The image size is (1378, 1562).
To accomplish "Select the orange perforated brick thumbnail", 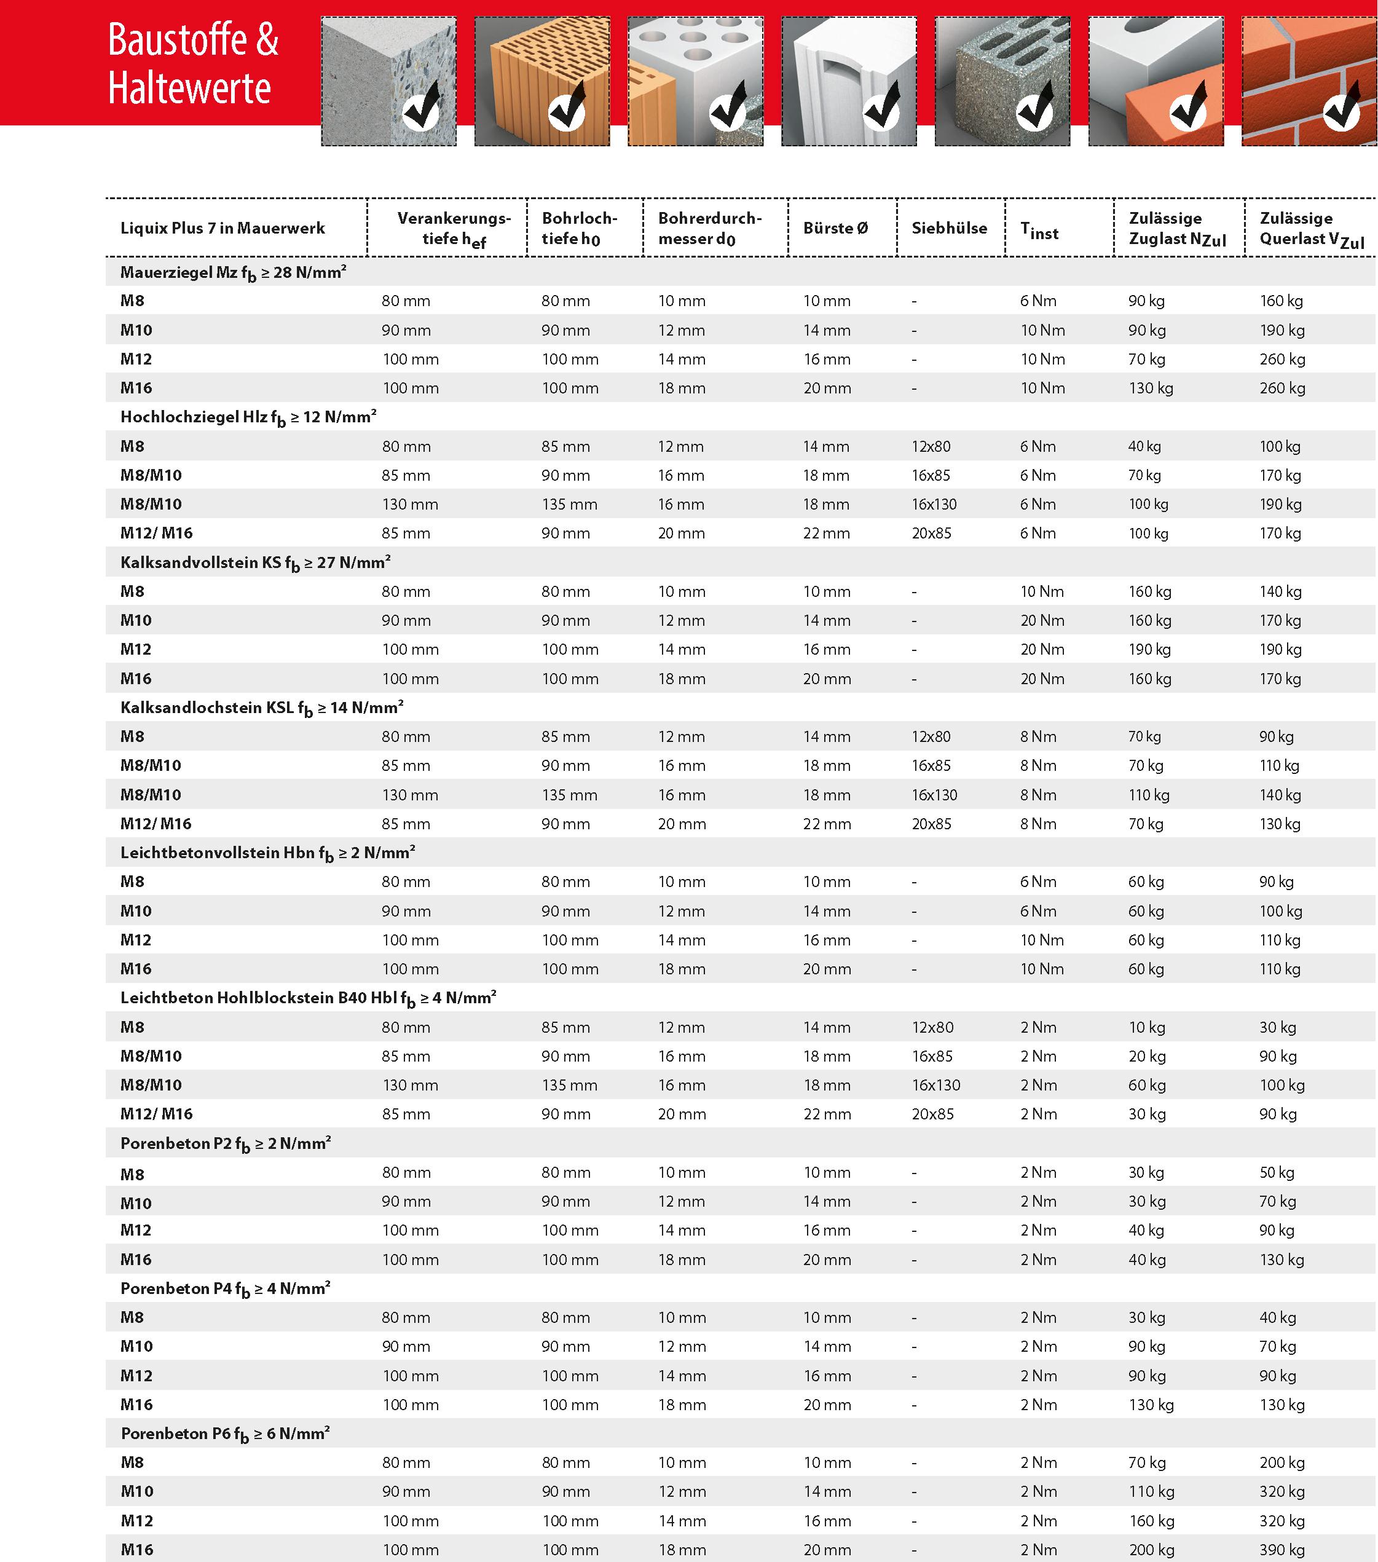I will click(542, 81).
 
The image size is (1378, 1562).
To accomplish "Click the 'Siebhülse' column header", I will click(949, 227).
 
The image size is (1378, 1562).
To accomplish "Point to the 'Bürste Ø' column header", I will click(835, 227).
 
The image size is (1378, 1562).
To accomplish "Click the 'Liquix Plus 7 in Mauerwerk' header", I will click(222, 227).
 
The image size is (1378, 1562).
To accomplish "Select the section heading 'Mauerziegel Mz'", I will click(233, 272).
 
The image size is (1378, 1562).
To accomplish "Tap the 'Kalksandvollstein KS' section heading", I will click(255, 562).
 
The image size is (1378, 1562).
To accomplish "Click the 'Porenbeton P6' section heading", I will click(225, 1434).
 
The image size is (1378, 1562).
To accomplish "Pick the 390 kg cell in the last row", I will click(1282, 1550).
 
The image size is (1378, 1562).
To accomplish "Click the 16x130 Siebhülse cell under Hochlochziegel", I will click(934, 504).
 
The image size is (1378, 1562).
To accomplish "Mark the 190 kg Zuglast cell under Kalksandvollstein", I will click(1149, 650).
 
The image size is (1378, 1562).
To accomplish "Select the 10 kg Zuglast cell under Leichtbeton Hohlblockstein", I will click(1146, 1027).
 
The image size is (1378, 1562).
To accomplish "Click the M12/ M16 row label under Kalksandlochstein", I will click(156, 824).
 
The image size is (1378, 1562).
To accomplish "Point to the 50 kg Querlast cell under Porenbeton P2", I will click(1277, 1172).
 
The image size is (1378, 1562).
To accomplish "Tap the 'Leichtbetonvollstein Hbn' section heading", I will click(267, 853).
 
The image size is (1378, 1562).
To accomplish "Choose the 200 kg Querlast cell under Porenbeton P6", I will click(1282, 1462).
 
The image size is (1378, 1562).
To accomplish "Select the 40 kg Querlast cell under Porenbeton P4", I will click(1277, 1317).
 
